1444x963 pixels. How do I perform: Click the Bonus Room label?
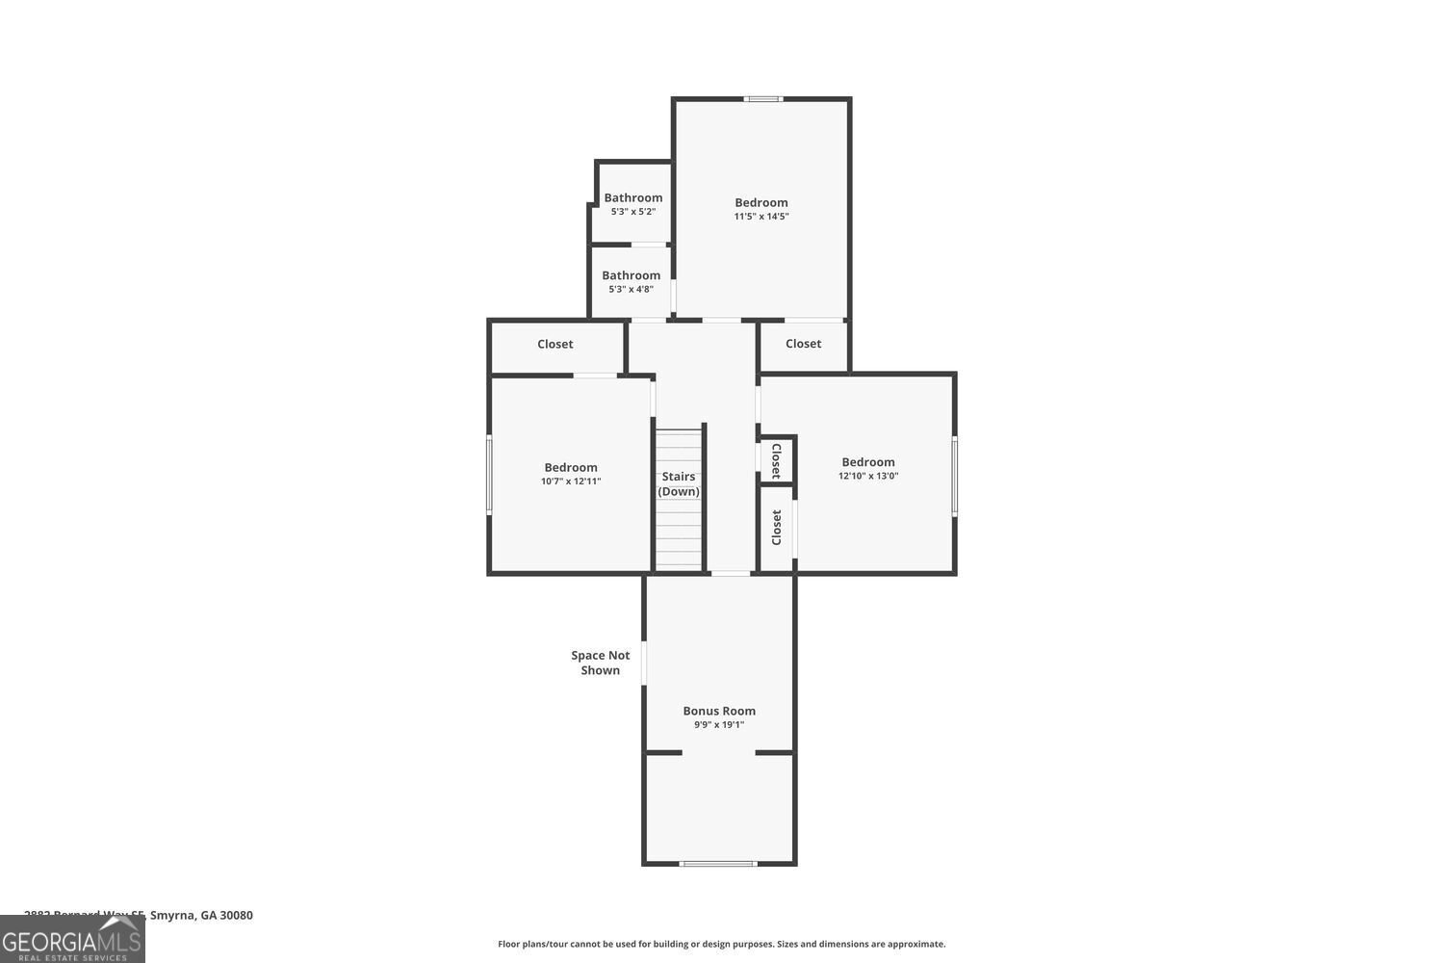click(x=719, y=711)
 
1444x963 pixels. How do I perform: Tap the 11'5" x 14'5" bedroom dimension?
click(x=761, y=217)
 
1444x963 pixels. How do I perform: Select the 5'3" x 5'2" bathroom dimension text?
click(x=632, y=212)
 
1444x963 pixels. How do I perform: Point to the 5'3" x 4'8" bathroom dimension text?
click(x=631, y=289)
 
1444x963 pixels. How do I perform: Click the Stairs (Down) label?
click(x=679, y=483)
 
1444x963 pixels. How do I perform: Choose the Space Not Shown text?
click(x=600, y=663)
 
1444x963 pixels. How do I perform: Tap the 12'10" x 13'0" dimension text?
click(x=867, y=476)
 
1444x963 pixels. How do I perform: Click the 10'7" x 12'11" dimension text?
click(x=570, y=481)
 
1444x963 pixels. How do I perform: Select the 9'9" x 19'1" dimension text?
click(x=719, y=725)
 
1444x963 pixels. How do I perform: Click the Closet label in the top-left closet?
click(x=554, y=344)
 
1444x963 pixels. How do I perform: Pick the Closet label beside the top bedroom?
click(x=803, y=344)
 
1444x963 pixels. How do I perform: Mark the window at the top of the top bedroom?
click(x=763, y=98)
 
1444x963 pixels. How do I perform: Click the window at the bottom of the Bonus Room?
click(x=718, y=863)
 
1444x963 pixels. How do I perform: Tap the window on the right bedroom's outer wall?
click(x=955, y=476)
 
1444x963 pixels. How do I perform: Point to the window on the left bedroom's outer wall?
click(x=489, y=474)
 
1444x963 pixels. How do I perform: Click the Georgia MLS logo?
click(x=72, y=940)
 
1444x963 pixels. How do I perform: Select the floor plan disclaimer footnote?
click(x=721, y=944)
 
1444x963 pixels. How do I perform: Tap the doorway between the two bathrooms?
click(x=649, y=245)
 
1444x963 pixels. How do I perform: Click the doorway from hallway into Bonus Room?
click(x=730, y=574)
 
